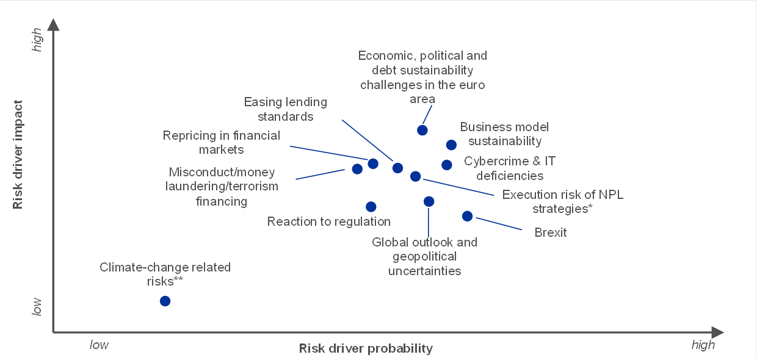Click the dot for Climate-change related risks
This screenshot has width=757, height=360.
pyautogui.click(x=165, y=301)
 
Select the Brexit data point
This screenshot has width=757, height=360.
pyautogui.click(x=467, y=216)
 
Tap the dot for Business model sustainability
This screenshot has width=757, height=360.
pyautogui.click(x=451, y=145)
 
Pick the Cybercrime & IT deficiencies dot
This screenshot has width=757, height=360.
pyautogui.click(x=446, y=165)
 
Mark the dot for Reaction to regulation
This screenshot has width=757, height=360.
pyautogui.click(x=371, y=207)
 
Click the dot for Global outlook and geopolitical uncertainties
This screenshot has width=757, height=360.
pyautogui.click(x=429, y=201)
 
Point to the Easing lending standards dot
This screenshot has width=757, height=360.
pyautogui.click(x=397, y=168)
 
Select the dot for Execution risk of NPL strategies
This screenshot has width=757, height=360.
pyautogui.click(x=415, y=176)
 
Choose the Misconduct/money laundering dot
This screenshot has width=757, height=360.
pyautogui.click(x=357, y=169)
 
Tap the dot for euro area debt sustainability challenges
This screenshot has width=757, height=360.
pyautogui.click(x=422, y=130)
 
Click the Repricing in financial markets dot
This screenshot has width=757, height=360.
pyautogui.click(x=373, y=164)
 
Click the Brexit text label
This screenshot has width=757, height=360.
pyautogui.click(x=550, y=232)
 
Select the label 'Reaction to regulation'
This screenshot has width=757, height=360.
pyautogui.click(x=329, y=221)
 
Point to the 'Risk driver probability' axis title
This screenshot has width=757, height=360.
pyautogui.click(x=366, y=348)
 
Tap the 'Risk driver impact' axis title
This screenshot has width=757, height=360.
pyautogui.click(x=17, y=154)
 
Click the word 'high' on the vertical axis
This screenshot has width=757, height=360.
pyautogui.click(x=37, y=40)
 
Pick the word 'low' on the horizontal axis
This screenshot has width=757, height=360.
pyautogui.click(x=99, y=345)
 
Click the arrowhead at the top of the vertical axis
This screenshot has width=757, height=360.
pyautogui.click(x=53, y=24)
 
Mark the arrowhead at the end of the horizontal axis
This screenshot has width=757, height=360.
pyautogui.click(x=717, y=333)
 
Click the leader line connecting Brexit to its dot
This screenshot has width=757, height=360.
pyautogui.click(x=499, y=224)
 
